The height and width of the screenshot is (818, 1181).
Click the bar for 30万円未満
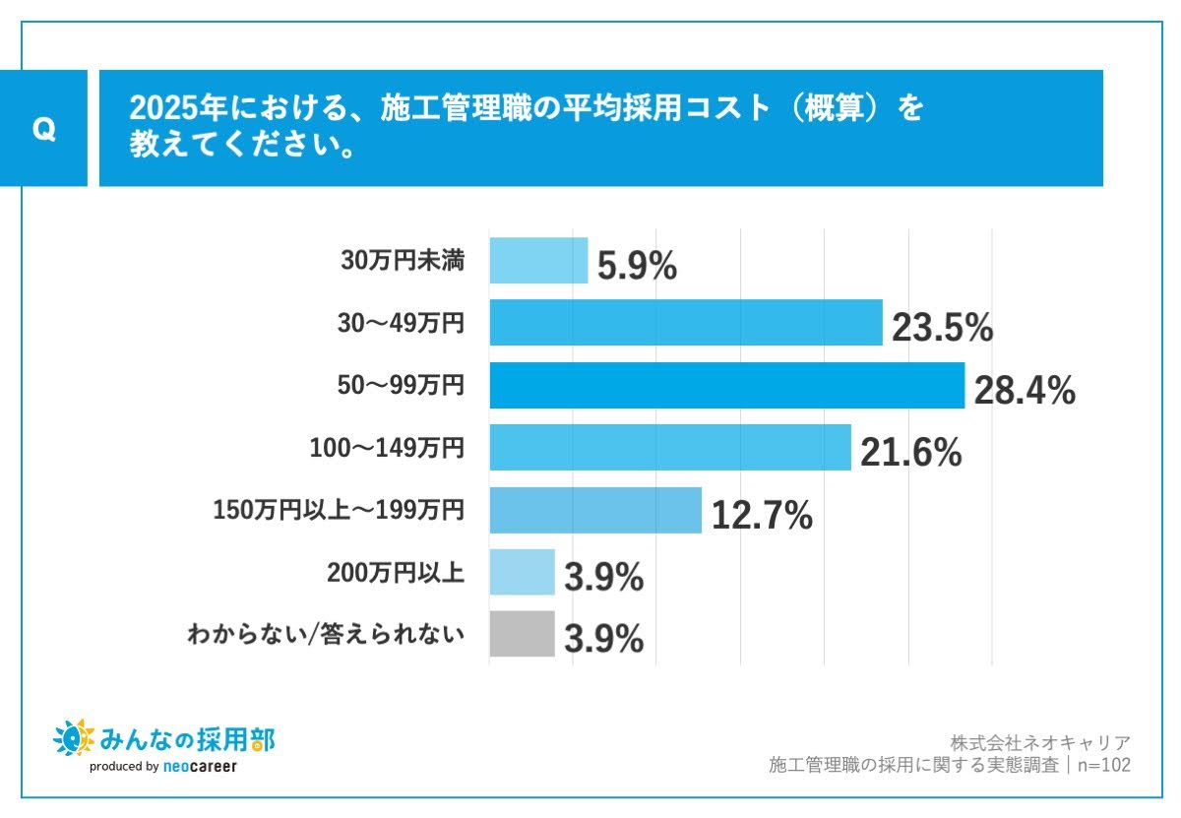tap(538, 261)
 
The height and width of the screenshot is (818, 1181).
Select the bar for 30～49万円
tap(685, 323)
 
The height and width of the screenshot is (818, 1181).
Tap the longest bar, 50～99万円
tap(726, 385)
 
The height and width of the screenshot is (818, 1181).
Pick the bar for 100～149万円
tap(669, 447)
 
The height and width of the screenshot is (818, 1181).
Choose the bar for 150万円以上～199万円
tap(594, 510)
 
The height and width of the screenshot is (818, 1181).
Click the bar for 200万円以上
tap(522, 572)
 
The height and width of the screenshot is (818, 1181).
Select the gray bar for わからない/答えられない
tap(522, 634)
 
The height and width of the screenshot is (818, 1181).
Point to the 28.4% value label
tap(1024, 391)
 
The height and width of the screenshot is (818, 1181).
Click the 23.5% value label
tap(942, 329)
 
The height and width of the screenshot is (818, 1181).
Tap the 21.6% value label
tap(910, 453)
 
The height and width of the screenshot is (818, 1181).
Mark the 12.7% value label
tap(761, 515)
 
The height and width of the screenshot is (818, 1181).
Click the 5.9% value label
tap(637, 267)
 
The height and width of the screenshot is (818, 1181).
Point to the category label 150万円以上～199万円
tap(338, 511)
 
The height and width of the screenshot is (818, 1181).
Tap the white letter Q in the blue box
tap(43, 129)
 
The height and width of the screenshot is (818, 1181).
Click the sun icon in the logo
tap(72, 737)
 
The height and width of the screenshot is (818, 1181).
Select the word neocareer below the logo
tap(200, 766)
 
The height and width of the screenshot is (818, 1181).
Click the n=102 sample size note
tap(1104, 765)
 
